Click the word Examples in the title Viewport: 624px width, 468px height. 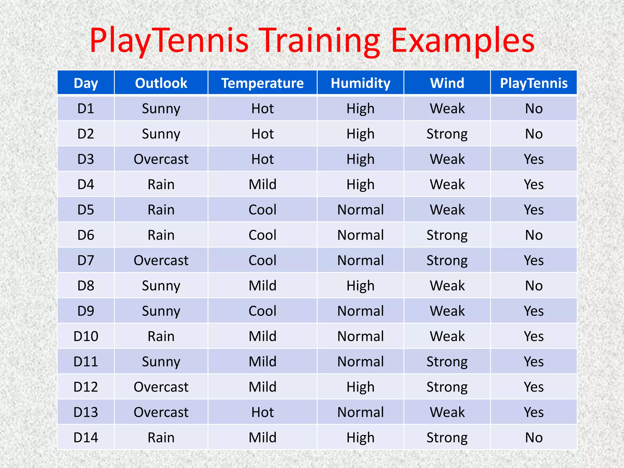click(x=463, y=41)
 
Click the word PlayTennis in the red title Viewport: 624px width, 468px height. click(x=169, y=41)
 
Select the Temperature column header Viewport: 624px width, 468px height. click(x=262, y=83)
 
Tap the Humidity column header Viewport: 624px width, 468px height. click(x=360, y=83)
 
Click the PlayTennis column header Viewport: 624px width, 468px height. click(x=534, y=83)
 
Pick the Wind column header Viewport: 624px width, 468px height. click(x=447, y=83)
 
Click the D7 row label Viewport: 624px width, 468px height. click(x=86, y=261)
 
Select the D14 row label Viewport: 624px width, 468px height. click(x=86, y=438)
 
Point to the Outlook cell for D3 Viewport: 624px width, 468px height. click(x=161, y=159)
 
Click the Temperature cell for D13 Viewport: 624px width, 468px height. click(x=262, y=412)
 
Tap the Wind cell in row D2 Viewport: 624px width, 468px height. click(x=447, y=134)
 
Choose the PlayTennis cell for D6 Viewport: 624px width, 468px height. click(x=534, y=235)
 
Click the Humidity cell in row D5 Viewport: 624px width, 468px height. click(x=360, y=210)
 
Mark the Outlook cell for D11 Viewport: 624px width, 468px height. click(x=161, y=362)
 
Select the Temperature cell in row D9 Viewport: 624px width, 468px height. click(x=262, y=311)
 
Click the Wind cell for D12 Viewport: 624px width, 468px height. click(x=447, y=387)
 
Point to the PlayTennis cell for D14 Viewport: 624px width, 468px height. click(x=534, y=438)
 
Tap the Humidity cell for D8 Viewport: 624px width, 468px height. click(x=360, y=286)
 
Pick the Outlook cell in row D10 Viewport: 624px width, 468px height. click(x=161, y=336)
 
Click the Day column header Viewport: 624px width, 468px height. click(x=86, y=83)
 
